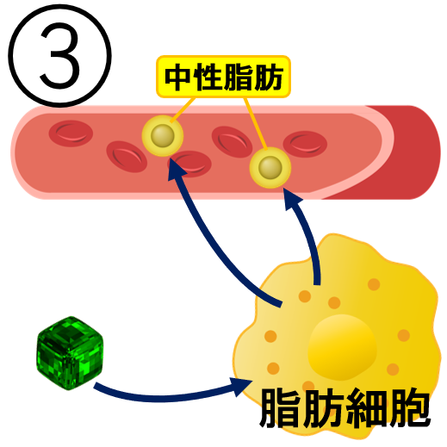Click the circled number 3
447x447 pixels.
point(59,56)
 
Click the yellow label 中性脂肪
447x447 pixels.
point(223,77)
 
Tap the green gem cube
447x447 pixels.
point(70,353)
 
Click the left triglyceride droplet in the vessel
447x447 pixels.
point(163,135)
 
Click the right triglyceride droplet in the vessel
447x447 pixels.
point(270,168)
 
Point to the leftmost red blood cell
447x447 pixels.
point(71,133)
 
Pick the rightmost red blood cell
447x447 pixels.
point(305,144)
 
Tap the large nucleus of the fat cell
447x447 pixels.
point(342,347)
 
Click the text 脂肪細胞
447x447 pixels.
point(345,407)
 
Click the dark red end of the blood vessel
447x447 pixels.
point(407,152)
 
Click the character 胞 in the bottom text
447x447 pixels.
point(410,407)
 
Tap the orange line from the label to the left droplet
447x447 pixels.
point(183,110)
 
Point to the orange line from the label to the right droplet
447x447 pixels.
point(256,123)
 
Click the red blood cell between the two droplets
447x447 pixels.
point(232,142)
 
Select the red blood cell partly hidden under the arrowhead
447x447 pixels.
point(190,164)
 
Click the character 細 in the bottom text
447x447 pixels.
point(367,407)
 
